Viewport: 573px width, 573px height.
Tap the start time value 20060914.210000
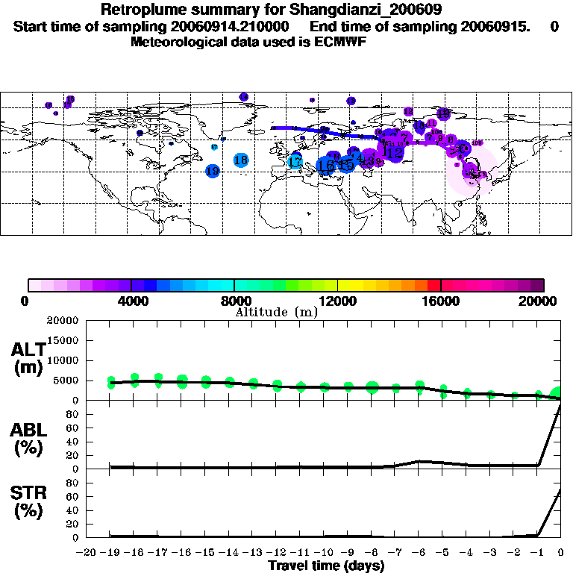[238, 27]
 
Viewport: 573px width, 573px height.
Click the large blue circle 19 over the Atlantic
[213, 171]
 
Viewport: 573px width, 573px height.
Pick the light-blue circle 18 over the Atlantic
[240, 160]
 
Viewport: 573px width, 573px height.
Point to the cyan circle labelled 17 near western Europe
[295, 161]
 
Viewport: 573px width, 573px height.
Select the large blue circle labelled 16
[325, 166]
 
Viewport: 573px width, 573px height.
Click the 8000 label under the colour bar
[234, 301]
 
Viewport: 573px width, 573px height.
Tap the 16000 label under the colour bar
[442, 301]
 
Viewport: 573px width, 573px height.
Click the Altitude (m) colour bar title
[277, 312]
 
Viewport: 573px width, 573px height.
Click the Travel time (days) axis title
[326, 566]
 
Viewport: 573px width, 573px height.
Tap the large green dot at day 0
[559, 394]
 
